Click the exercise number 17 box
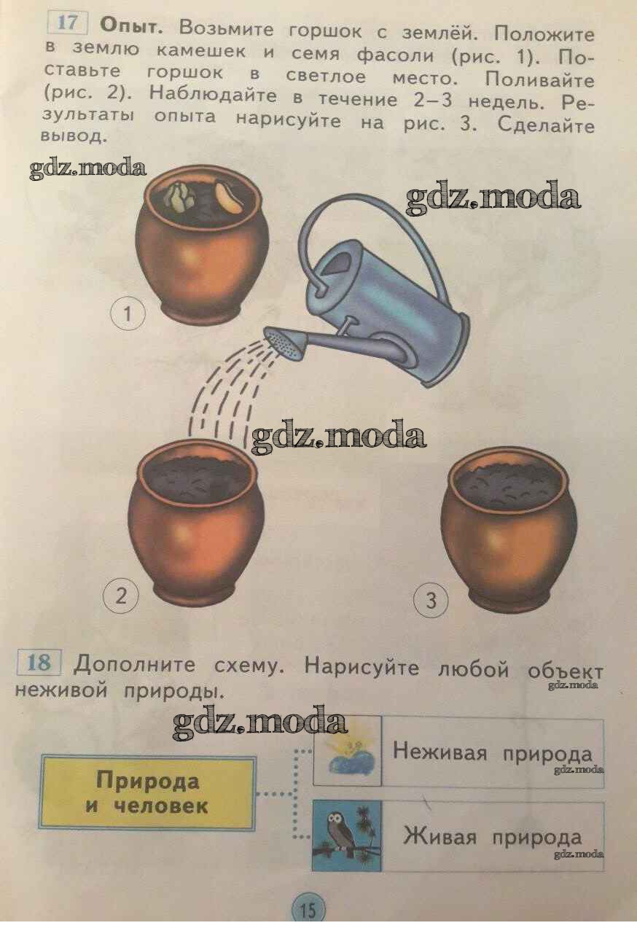(x=67, y=23)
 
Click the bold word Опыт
(x=131, y=27)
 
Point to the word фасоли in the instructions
(x=395, y=55)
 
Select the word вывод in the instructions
(x=72, y=136)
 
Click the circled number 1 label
(x=128, y=313)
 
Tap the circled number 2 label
(x=121, y=596)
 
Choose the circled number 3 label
(x=431, y=600)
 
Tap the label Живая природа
(x=493, y=838)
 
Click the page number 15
(x=308, y=909)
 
